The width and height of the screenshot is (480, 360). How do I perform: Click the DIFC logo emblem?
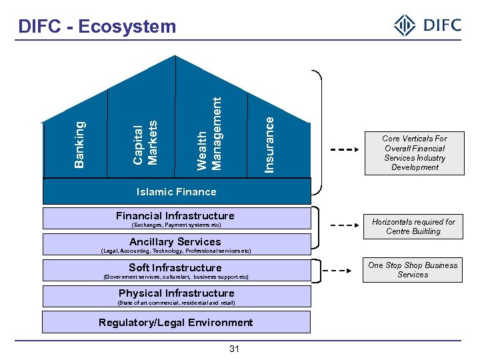pos(405,26)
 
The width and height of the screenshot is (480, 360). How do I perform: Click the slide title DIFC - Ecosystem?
pos(97,27)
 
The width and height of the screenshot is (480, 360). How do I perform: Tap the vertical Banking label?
pos(79,144)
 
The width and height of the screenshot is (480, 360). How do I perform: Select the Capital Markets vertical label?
pos(145,142)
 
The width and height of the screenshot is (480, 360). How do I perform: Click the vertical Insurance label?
pos(269,144)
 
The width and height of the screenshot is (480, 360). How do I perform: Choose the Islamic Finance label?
pos(176,192)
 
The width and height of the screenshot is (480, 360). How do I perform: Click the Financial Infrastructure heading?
pos(175,216)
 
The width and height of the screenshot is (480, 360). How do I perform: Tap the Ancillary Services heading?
pos(175,242)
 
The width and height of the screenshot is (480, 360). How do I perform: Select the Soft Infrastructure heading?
pos(175,268)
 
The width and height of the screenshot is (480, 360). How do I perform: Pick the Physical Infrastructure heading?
pos(176,293)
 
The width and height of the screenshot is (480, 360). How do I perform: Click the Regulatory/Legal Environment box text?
pos(176,323)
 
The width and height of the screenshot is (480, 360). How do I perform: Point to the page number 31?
pos(234,349)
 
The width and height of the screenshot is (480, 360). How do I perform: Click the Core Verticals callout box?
pos(414,153)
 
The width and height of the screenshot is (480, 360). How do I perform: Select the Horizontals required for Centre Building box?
pos(413,227)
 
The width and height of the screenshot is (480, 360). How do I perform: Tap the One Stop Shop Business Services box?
pos(413,269)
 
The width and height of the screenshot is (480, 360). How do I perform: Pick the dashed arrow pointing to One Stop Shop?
pos(345,271)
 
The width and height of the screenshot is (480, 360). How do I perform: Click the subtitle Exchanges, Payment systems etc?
pos(176,225)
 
